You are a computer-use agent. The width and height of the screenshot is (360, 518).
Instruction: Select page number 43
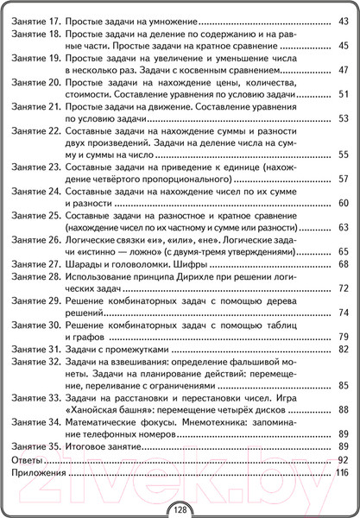coord(341,20)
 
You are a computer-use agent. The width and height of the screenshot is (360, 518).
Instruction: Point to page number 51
coord(341,94)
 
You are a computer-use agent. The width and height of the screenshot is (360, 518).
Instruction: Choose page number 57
coord(341,179)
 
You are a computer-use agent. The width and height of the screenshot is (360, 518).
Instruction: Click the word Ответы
coord(29,459)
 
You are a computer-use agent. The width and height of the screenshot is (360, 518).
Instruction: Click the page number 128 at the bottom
coord(180,509)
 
